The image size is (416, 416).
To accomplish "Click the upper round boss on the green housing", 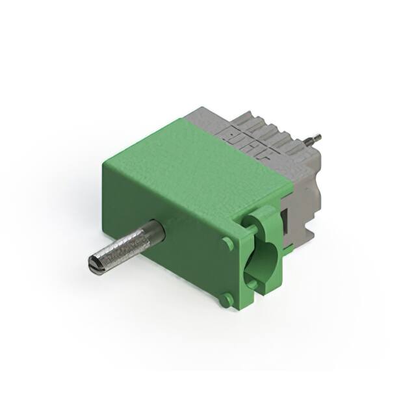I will pos(227,243).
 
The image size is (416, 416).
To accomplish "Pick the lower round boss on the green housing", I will pos(225,299).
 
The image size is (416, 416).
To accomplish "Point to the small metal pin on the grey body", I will pos(314,138).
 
